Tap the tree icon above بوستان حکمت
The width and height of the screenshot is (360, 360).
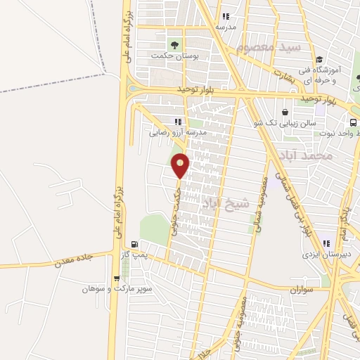173,43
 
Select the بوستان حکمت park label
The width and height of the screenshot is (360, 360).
173,54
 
